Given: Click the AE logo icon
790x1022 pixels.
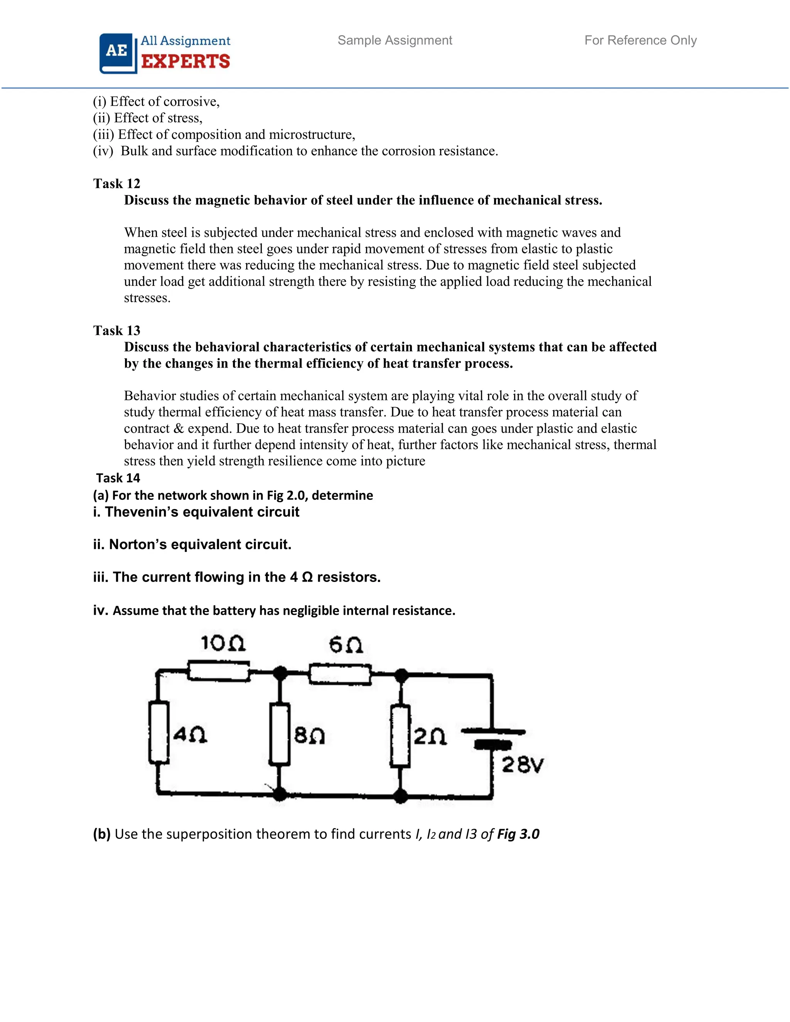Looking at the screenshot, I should pos(117,52).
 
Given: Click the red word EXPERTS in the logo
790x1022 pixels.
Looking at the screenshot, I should pos(185,61).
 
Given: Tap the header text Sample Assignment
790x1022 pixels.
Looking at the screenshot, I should pos(395,40).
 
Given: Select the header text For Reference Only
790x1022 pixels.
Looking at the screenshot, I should pos(640,40).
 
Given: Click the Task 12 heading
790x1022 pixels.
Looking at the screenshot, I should pos(116,184).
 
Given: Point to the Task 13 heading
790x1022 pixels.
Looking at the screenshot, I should pos(116,331).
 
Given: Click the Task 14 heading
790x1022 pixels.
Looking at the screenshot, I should pos(118,478).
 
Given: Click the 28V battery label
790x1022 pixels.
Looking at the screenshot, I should pos(522,765).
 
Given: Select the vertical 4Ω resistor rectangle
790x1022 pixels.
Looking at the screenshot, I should pos(159,733).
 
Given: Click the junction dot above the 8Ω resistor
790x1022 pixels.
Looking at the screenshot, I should pos(280,673).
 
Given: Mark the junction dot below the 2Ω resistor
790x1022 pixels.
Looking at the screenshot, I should pos(401,795).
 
